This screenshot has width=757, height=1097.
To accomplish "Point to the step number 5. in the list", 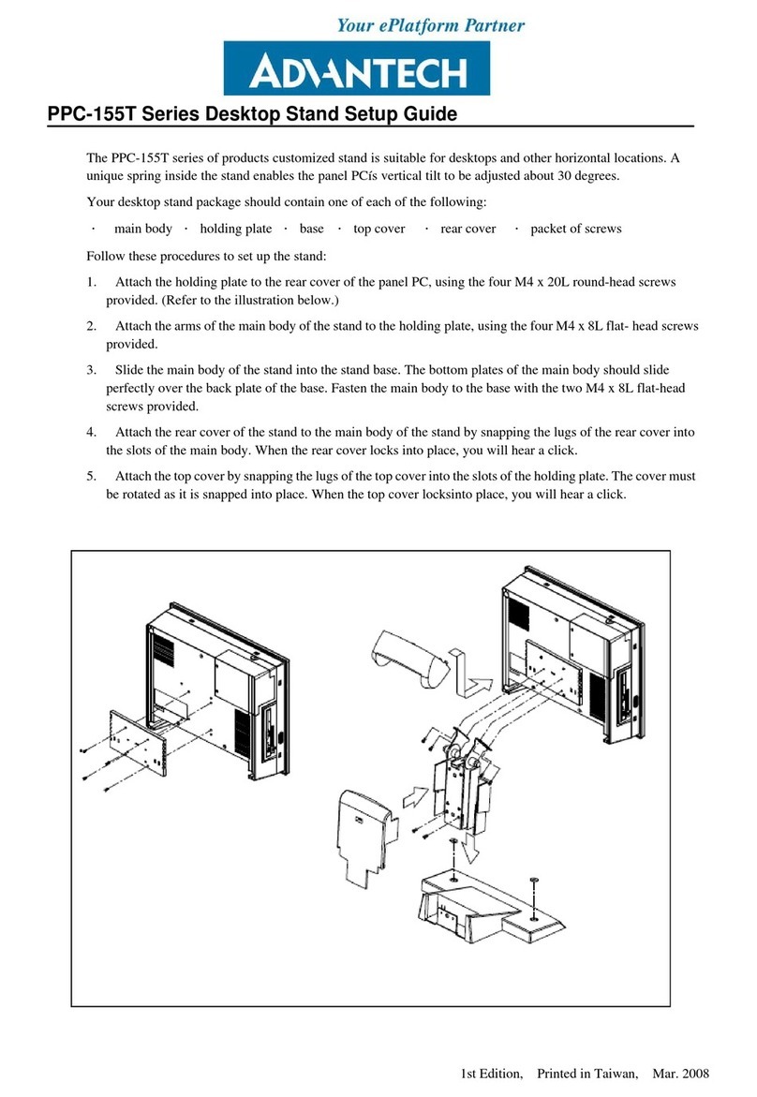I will coord(91,476).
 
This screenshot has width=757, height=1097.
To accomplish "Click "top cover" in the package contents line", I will coord(378,229).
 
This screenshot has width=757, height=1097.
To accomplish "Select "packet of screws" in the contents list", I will coord(575,229).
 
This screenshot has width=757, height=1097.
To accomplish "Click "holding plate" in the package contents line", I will coord(236,229).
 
